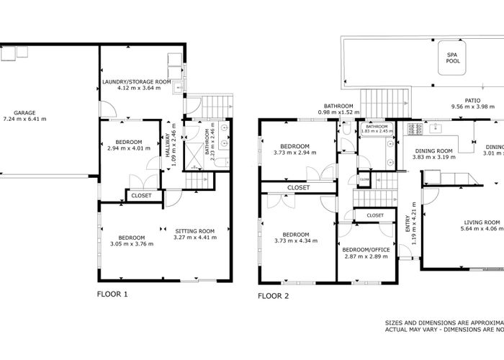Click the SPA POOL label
[453, 58]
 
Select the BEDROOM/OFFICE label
[366, 249]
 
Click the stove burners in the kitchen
[415, 129]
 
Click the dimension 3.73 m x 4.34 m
[295, 240]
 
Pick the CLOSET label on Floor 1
[140, 194]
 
